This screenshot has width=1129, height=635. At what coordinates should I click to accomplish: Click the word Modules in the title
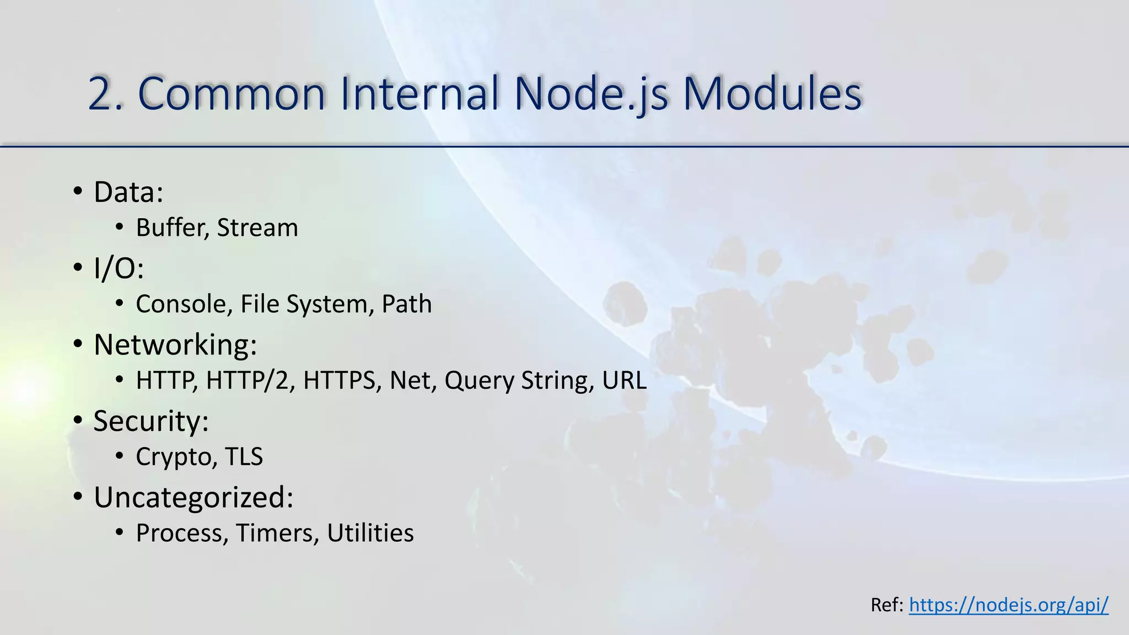click(x=772, y=94)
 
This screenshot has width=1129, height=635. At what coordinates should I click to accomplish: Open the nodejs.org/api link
click(x=1008, y=605)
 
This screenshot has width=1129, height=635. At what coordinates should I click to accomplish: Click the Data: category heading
click(x=128, y=192)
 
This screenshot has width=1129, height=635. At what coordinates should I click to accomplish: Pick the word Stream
click(x=257, y=228)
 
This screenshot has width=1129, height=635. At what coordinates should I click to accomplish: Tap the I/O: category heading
click(x=119, y=268)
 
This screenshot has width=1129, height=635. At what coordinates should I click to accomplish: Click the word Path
click(x=406, y=304)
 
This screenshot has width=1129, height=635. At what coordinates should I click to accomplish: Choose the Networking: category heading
click(x=175, y=345)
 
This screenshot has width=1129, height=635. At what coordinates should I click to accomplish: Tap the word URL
click(x=624, y=381)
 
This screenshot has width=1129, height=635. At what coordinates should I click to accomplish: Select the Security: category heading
click(x=151, y=422)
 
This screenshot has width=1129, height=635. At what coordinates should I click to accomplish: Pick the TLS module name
click(x=244, y=457)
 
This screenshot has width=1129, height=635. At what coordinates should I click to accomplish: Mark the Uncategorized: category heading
click(x=193, y=498)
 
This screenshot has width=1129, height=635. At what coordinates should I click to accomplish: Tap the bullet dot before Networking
click(x=78, y=345)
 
